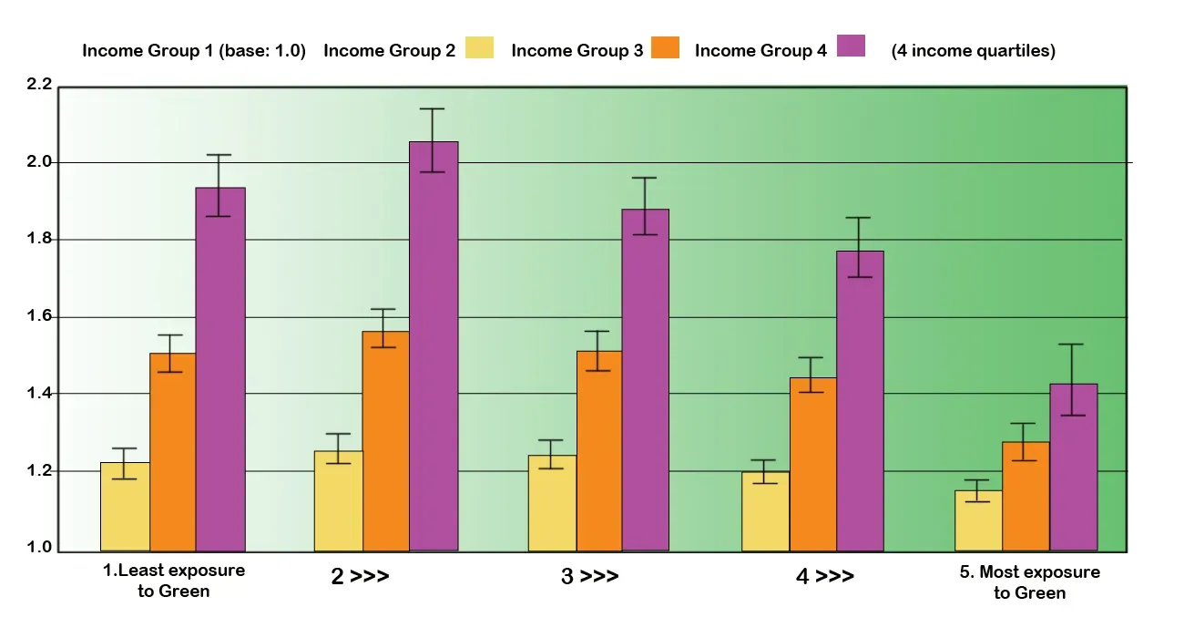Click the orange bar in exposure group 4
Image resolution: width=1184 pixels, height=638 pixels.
pyautogui.click(x=812, y=464)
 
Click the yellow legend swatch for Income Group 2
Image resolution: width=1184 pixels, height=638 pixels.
pyautogui.click(x=479, y=47)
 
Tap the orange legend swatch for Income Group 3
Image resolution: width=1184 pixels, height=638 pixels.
pyautogui.click(x=665, y=47)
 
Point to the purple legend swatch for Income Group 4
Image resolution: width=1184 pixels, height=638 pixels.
pyautogui.click(x=851, y=47)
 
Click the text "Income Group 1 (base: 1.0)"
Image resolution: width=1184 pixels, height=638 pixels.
pyautogui.click(x=194, y=51)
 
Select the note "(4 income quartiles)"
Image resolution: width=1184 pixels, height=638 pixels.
pyautogui.click(x=973, y=51)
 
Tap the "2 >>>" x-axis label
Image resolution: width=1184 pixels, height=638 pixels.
pyautogui.click(x=359, y=577)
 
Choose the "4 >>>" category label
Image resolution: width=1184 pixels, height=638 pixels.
pyautogui.click(x=825, y=577)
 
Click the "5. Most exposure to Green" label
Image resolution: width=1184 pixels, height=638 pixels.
pyautogui.click(x=1030, y=582)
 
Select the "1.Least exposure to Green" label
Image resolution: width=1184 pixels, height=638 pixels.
pyautogui.click(x=173, y=581)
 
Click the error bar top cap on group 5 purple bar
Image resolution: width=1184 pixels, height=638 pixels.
pyautogui.click(x=1074, y=345)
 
